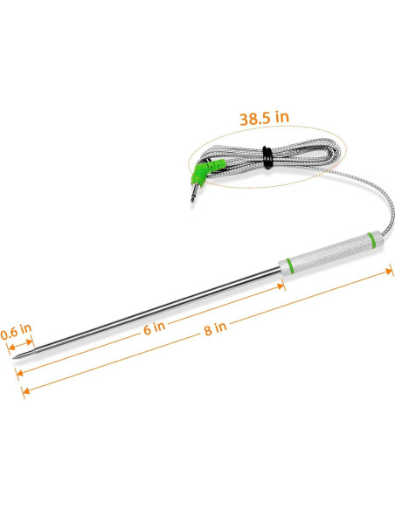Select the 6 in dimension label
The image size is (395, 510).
(154, 328)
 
